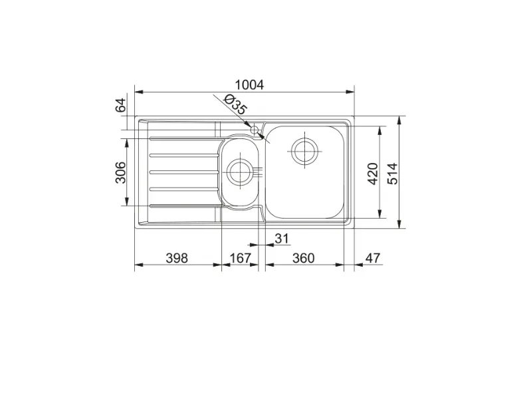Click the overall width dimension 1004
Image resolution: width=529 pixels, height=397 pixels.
pos(249,84)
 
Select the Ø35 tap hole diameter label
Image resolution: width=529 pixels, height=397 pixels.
pos(235,104)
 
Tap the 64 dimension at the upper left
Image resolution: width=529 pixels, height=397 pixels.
pos(120,104)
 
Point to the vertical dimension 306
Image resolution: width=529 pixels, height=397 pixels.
pos(120,172)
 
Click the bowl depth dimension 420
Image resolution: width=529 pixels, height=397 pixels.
pos(372,174)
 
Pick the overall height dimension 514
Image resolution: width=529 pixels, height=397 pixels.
pos(392,174)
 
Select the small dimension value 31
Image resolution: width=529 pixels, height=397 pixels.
pos(282,238)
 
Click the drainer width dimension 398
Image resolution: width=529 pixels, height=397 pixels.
pos(177,258)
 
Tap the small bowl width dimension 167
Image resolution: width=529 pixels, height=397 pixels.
pos(240,258)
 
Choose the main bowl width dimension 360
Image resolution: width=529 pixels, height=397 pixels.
pos(303,258)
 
